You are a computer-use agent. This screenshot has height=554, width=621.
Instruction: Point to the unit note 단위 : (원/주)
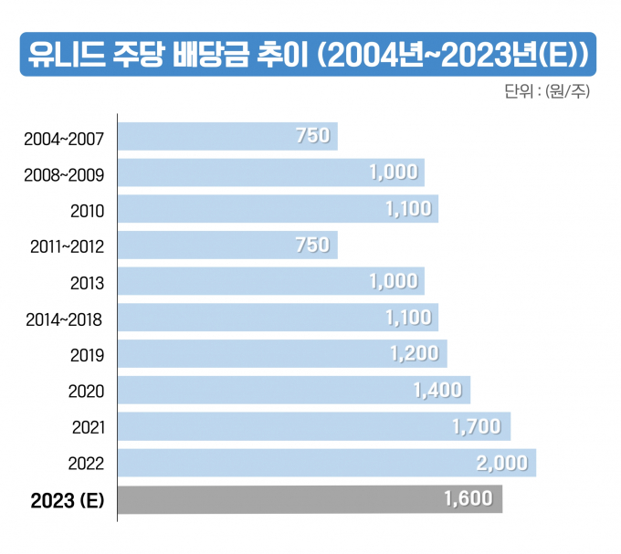click(x=545, y=92)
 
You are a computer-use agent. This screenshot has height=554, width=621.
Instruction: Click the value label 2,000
click(x=502, y=463)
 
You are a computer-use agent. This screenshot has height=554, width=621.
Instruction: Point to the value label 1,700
click(x=477, y=426)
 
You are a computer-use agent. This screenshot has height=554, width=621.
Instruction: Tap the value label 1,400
click(x=437, y=391)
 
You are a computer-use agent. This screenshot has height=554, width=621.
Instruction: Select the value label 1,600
click(x=468, y=499)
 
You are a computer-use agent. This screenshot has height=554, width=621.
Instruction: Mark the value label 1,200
click(x=414, y=354)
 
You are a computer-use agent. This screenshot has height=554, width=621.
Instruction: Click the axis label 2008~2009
click(x=64, y=175)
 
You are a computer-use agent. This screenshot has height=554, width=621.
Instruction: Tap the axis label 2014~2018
click(x=64, y=319)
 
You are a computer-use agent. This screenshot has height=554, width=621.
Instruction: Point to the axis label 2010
click(x=87, y=211)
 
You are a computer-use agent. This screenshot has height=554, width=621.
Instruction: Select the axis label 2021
click(x=87, y=427)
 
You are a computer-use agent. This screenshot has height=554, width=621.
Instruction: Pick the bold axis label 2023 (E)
click(x=68, y=500)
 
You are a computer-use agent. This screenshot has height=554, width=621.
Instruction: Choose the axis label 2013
click(x=87, y=283)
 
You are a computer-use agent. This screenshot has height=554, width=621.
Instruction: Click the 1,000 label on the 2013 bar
click(x=394, y=282)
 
